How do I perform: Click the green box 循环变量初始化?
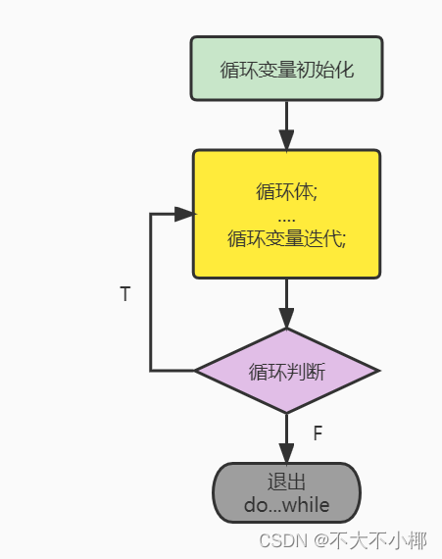pyautogui.click(x=286, y=69)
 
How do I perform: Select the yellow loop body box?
pyautogui.click(x=286, y=214)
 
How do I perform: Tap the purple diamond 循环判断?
pyautogui.click(x=286, y=371)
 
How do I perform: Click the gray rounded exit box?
pyautogui.click(x=286, y=492)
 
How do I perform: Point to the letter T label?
pyautogui.click(x=124, y=294)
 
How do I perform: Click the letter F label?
pyautogui.click(x=318, y=432)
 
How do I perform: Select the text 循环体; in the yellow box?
pyautogui.click(x=286, y=191)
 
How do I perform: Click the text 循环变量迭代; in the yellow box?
pyautogui.click(x=286, y=237)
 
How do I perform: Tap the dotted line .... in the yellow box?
pyautogui.click(x=286, y=216)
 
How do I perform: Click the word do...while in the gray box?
pyautogui.click(x=286, y=506)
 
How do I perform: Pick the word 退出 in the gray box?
pyautogui.click(x=286, y=482)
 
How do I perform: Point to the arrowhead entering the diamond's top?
pyautogui.click(x=286, y=319)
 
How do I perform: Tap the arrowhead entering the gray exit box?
pyautogui.click(x=286, y=453)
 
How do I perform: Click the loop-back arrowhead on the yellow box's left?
pyautogui.click(x=183, y=214)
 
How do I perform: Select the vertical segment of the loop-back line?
pyautogui.click(x=151, y=294)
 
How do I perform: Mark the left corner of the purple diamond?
pyautogui.click(x=197, y=371)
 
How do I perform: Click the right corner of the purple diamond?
pyautogui.click(x=376, y=371)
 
